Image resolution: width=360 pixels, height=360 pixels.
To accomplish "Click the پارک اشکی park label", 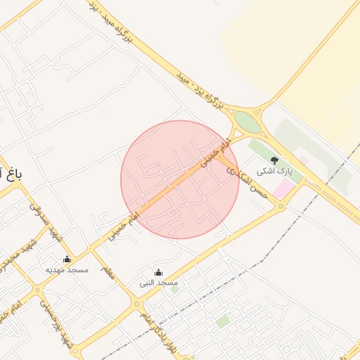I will click(272, 171).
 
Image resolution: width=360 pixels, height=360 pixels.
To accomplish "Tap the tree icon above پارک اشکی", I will click(274, 160).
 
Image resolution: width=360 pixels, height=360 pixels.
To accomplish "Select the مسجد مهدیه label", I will click(65, 269).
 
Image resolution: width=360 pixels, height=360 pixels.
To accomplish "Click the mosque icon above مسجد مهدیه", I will click(67, 259).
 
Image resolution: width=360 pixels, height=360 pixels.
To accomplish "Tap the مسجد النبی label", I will click(159, 282).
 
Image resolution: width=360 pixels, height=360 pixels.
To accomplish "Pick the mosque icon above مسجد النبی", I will click(157, 272).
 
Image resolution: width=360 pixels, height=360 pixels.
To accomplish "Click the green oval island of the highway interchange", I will click(247, 122).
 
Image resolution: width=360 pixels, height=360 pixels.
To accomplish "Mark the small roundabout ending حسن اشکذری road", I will click(281, 206).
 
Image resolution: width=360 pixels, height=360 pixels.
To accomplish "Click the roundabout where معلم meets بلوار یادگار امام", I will click(136, 304).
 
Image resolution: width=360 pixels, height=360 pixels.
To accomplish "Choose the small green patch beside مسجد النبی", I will click(174, 289).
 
